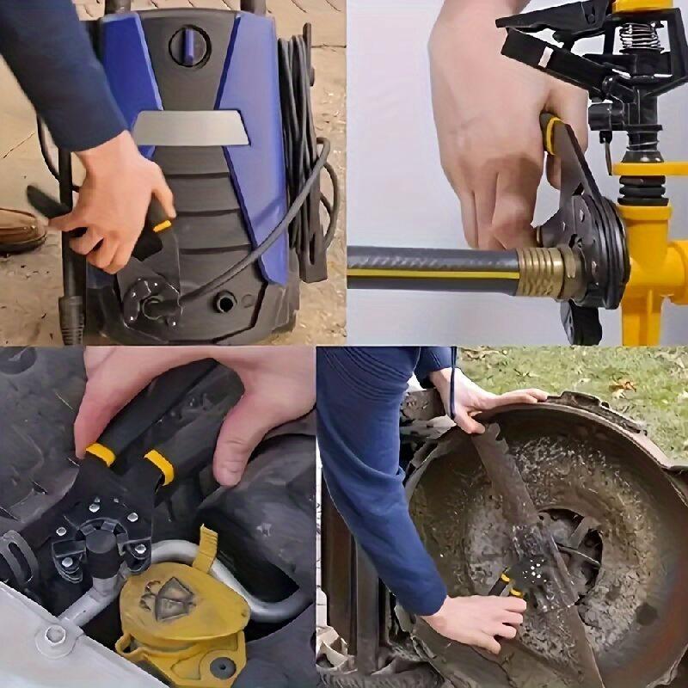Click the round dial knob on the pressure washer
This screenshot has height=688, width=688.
189,46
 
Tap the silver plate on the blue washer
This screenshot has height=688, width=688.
191,128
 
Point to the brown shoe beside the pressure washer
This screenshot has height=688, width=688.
19,230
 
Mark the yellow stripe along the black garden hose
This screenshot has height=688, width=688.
430,273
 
